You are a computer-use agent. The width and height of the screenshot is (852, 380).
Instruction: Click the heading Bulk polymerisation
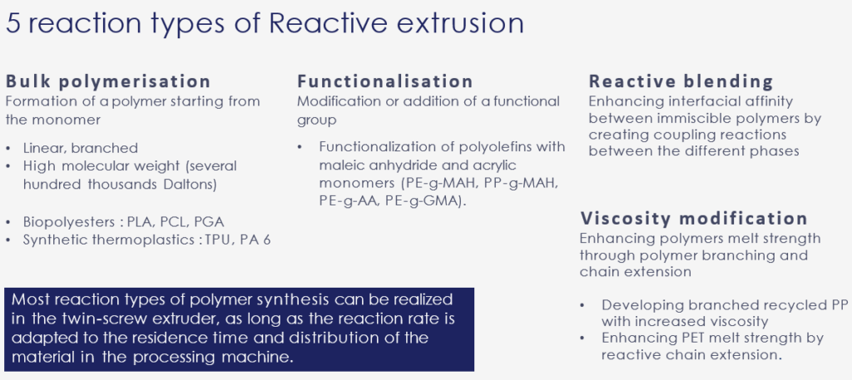(108, 82)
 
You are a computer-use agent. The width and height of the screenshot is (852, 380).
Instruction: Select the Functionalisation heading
(385, 82)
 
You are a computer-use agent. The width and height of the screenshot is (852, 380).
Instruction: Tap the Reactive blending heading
(681, 81)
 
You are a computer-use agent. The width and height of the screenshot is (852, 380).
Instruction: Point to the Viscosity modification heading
(693, 219)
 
